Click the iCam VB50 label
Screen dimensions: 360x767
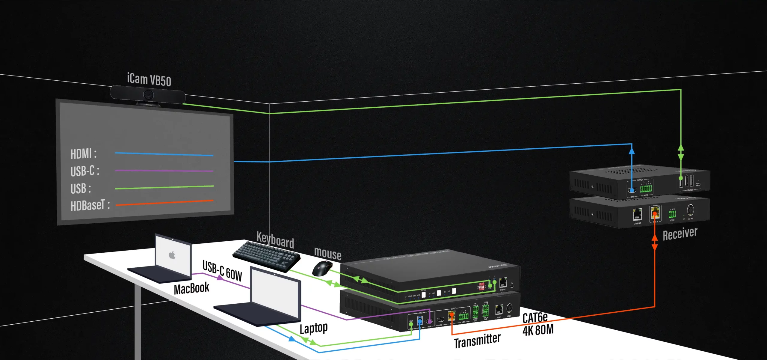pos(149,79)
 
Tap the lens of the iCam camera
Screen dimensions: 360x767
pos(148,95)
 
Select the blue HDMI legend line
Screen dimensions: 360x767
pos(164,154)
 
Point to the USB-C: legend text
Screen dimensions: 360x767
pos(85,171)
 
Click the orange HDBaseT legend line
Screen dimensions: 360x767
pos(164,203)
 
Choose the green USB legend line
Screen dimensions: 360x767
pos(164,187)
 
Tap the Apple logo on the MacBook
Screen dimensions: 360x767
pos(172,255)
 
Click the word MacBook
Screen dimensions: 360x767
pos(191,288)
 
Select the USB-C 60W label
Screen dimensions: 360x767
pos(222,271)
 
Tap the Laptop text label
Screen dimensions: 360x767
pos(313,328)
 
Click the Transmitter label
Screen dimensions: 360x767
pos(477,341)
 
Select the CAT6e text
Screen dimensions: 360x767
pos(535,317)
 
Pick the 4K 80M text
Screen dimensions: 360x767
pos(538,330)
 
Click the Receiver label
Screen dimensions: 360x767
pos(680,234)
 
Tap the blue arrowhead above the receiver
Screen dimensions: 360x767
pos(632,150)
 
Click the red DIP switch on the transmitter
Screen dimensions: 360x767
pos(481,286)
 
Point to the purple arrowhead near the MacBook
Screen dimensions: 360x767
pos(220,278)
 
